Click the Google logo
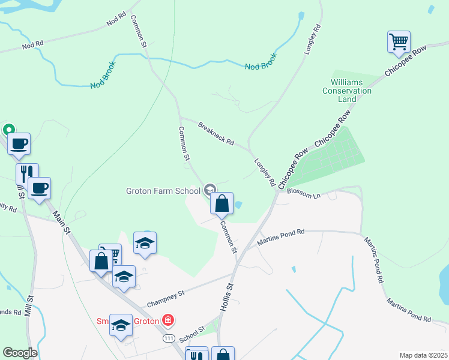(x=20, y=353)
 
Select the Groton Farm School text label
(x=163, y=191)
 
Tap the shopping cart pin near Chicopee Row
(x=399, y=42)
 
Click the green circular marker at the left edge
(x=9, y=130)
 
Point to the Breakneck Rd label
(x=216, y=133)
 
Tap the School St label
(x=193, y=331)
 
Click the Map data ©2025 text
(x=423, y=355)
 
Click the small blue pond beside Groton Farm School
(x=238, y=205)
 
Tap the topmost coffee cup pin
(x=18, y=144)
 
